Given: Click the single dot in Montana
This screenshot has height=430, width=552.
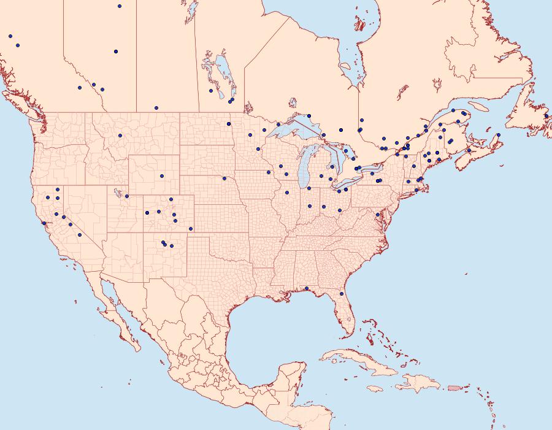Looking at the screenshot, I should click(x=120, y=136).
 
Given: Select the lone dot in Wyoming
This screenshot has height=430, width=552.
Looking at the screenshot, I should click(x=162, y=176).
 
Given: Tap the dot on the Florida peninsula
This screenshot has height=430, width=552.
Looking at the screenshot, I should click(x=342, y=294).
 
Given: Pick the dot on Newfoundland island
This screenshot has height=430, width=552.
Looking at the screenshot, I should click(x=546, y=115).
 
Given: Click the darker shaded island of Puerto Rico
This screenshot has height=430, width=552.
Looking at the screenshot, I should click(x=454, y=387).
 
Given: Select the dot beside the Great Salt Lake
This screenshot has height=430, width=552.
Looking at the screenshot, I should click(x=127, y=196).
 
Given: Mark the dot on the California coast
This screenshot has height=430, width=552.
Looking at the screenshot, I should click(x=44, y=223).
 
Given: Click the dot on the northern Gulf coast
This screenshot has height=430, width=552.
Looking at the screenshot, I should click(x=306, y=288).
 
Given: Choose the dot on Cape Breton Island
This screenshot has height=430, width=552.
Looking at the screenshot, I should click(x=499, y=135).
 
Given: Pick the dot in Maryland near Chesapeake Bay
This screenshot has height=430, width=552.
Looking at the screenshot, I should click(x=377, y=214).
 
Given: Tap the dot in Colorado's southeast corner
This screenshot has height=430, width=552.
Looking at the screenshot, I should click(x=191, y=229).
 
